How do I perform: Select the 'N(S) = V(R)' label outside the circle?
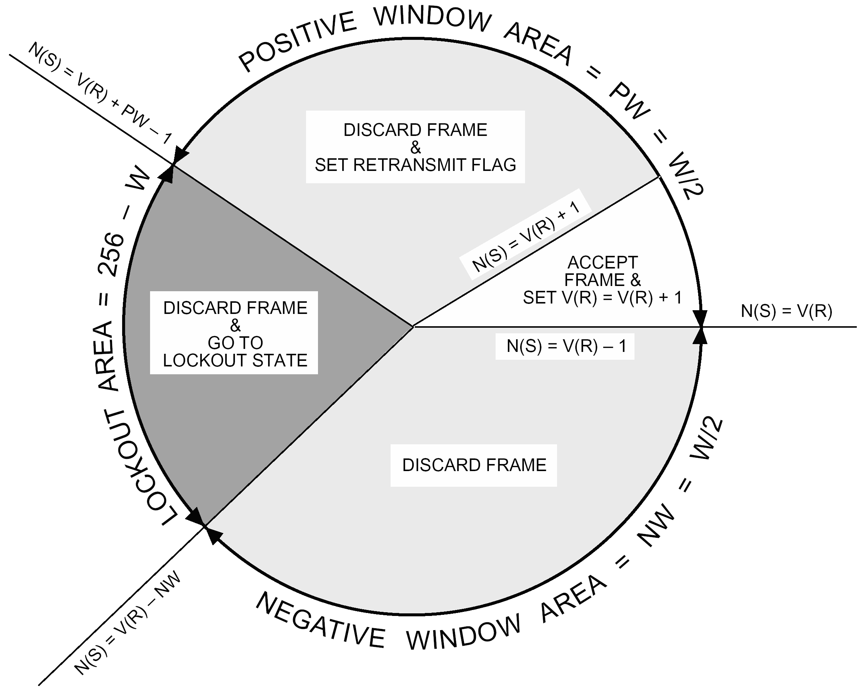(786, 311)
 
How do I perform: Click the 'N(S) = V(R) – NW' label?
(127, 624)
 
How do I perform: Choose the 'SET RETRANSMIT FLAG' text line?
(415, 165)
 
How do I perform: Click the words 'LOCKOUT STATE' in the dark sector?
(235, 360)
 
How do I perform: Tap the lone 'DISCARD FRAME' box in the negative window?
(474, 465)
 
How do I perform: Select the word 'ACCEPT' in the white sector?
(602, 263)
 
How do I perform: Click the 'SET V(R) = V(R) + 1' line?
(602, 298)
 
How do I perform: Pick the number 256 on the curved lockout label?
(111, 254)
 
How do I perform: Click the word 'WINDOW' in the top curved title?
(432, 20)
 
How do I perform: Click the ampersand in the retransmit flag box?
(415, 148)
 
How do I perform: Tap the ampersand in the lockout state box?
(235, 325)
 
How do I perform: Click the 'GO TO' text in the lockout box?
(235, 343)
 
